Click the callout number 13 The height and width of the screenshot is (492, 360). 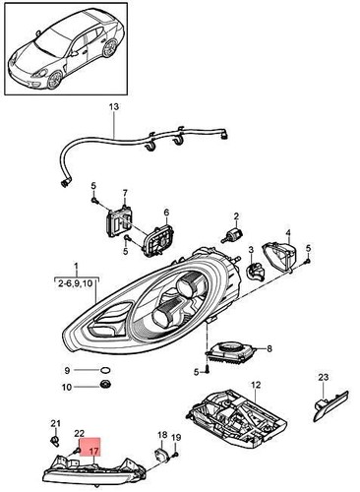[111, 105]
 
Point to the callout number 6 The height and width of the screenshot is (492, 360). [166, 213]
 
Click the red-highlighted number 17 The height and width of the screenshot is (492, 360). [95, 454]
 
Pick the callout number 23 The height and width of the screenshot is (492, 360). [323, 377]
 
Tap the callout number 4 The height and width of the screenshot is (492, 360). [289, 233]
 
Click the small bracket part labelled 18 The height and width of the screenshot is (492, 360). [161, 456]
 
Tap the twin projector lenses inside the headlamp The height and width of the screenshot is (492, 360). [182, 299]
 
